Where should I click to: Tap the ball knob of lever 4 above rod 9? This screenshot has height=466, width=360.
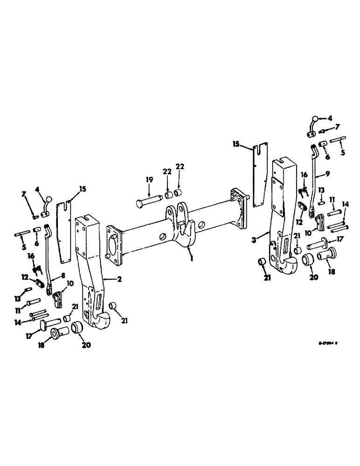(315, 119)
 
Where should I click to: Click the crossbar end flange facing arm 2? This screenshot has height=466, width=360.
(115, 239)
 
